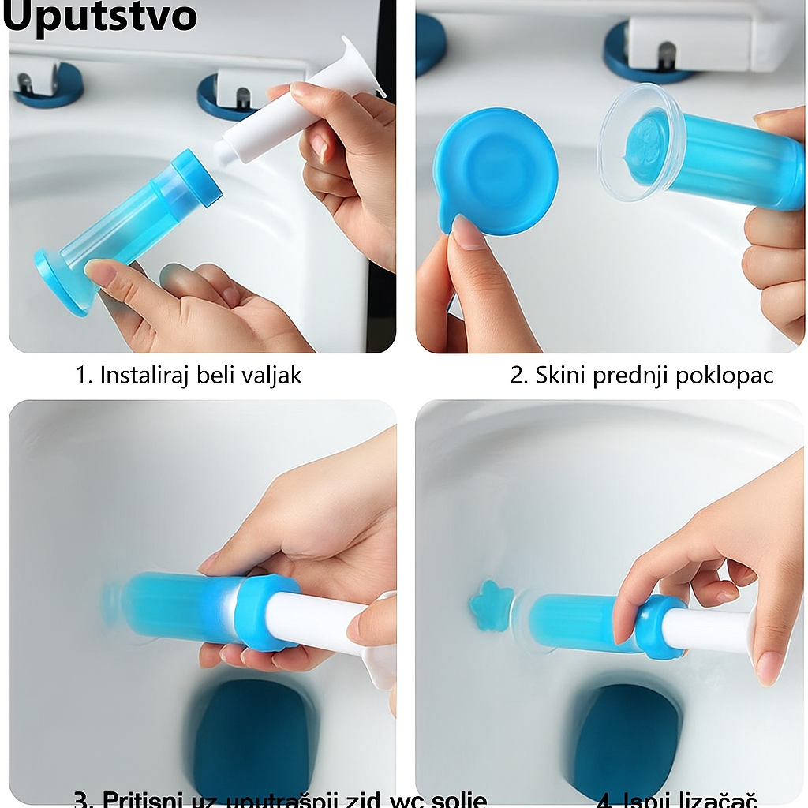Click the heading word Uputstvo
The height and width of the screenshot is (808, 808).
99,17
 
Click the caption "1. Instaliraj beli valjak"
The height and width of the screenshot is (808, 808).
189,375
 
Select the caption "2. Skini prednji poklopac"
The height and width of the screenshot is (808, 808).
641,375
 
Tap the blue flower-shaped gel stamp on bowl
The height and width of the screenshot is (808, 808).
491,605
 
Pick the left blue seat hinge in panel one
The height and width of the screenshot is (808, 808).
47,84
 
